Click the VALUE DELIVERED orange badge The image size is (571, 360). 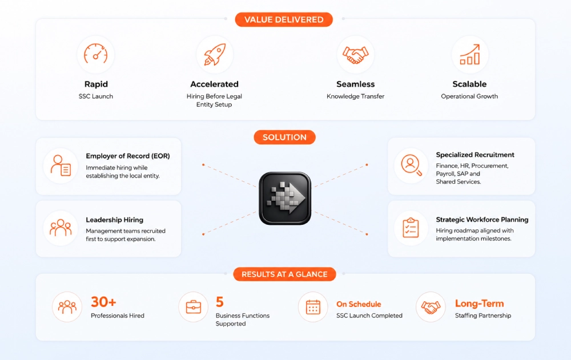click(x=284, y=19)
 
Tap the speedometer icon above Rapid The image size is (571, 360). click(x=96, y=54)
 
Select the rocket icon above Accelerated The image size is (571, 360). click(x=215, y=55)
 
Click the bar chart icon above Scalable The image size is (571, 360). click(x=470, y=54)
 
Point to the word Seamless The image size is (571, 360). click(x=355, y=84)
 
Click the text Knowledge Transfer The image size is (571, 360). click(x=355, y=96)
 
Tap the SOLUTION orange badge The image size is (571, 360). click(x=284, y=137)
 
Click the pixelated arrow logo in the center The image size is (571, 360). click(x=285, y=199)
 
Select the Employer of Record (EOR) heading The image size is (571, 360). click(x=128, y=156)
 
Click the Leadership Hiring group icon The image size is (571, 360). click(x=61, y=228)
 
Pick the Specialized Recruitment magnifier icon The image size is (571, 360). click(x=411, y=165)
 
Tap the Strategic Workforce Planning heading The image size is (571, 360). click(x=482, y=220)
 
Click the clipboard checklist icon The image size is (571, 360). click(x=411, y=228)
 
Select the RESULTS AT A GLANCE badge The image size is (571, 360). click(x=284, y=274)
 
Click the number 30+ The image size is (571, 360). click(x=103, y=302)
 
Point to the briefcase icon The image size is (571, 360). click(x=194, y=307)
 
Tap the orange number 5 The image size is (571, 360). click(x=220, y=302)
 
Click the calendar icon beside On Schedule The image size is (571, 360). click(x=313, y=307)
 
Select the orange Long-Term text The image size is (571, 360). click(x=479, y=303)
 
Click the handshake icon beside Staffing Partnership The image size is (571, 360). click(x=431, y=307)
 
